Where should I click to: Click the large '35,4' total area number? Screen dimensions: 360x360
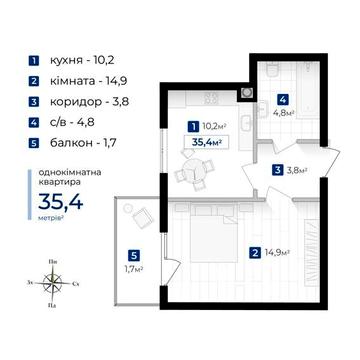[x=60, y=202]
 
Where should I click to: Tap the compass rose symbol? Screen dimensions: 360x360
[x=53, y=284]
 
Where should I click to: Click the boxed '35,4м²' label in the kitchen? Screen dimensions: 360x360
[x=207, y=143]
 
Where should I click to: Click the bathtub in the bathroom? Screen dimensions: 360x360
[x=308, y=89]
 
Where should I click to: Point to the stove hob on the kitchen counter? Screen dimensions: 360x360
[x=211, y=98]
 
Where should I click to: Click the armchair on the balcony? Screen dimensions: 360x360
[x=143, y=217]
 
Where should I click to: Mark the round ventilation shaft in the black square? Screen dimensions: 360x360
[x=247, y=92]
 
